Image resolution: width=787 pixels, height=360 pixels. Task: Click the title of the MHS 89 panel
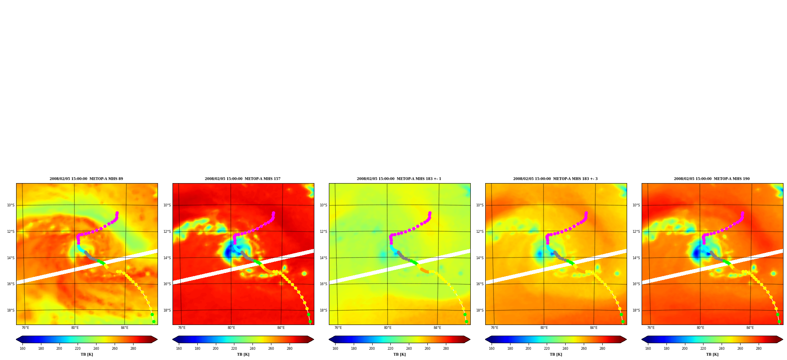pos(86,179)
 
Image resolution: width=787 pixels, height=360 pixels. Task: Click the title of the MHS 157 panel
pos(243,179)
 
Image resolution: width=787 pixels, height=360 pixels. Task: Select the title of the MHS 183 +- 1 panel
pos(399,179)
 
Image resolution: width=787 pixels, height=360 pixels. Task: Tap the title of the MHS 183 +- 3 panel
pos(555,179)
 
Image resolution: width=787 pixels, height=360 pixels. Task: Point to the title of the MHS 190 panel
pos(712,179)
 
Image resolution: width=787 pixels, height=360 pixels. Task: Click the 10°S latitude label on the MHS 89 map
pos(11,205)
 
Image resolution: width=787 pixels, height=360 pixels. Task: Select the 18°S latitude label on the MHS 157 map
pos(167,310)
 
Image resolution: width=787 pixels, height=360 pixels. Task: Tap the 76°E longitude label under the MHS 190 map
pos(651,328)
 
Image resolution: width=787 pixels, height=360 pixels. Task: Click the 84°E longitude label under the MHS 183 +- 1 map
pos(437,328)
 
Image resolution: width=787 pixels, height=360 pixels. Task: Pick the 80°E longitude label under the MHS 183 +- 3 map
pos(544,328)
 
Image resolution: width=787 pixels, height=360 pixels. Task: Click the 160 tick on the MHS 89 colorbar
pos(22,349)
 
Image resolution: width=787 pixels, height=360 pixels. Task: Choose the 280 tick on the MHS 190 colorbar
pos(759,349)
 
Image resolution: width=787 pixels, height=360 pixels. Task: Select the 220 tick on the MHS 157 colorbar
pos(234,349)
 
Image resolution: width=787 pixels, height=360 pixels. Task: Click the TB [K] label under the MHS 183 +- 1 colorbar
pos(399,354)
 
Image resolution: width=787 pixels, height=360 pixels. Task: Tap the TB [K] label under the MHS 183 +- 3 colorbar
pos(556,354)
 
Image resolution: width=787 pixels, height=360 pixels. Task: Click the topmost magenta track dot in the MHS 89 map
pos(117,213)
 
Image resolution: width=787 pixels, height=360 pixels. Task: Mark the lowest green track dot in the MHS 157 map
pos(310,322)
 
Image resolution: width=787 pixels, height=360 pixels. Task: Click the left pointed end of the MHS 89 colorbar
pos(17,340)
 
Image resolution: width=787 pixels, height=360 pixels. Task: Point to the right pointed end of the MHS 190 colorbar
pos(782,340)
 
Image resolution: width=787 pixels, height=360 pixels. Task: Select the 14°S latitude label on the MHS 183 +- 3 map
pos(480,258)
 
